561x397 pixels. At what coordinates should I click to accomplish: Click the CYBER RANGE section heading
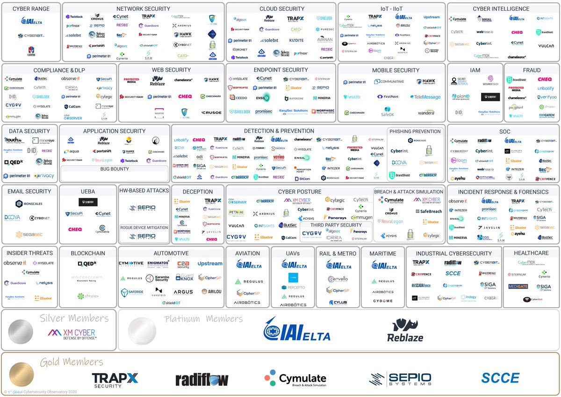[x=31, y=9]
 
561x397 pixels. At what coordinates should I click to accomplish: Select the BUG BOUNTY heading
[x=114, y=169]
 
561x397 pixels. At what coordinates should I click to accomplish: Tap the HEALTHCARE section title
[x=531, y=253]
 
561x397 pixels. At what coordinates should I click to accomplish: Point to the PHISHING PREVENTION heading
[x=416, y=131]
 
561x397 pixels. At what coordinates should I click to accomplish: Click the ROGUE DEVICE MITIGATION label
[x=144, y=227]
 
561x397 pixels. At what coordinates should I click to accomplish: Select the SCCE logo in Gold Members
[x=500, y=378]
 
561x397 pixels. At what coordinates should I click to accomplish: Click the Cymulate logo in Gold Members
[x=295, y=378]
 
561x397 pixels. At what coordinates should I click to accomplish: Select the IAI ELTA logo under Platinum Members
[x=296, y=330]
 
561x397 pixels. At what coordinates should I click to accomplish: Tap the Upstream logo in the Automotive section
[x=210, y=264]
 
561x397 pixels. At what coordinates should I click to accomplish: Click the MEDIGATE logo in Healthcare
[x=519, y=287]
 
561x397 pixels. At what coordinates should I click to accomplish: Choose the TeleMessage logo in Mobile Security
[x=425, y=97]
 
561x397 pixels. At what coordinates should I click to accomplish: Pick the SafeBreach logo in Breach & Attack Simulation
[x=428, y=211]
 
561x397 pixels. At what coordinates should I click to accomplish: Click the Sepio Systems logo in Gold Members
[x=401, y=379]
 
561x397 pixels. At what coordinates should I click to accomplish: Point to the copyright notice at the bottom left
[x=40, y=392]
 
